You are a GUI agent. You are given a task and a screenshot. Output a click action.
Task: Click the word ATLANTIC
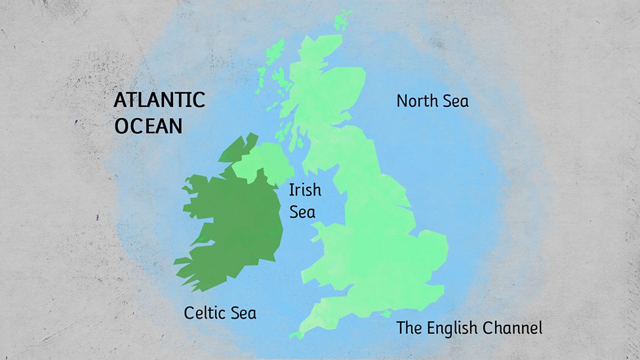159,100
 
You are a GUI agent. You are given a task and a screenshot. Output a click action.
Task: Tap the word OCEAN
148,125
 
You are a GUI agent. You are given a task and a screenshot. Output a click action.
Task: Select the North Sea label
432,101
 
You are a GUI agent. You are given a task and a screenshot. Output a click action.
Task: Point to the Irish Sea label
305,201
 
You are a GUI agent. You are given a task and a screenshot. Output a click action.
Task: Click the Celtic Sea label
220,313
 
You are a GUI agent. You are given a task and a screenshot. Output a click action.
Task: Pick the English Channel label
469,328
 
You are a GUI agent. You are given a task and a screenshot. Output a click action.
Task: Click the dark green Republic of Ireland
230,223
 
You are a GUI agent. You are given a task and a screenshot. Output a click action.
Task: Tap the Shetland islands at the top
342,20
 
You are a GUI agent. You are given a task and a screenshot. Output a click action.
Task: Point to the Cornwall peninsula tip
298,334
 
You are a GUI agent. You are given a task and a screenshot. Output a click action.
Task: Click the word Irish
305,190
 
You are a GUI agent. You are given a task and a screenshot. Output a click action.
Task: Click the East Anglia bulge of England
430,246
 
